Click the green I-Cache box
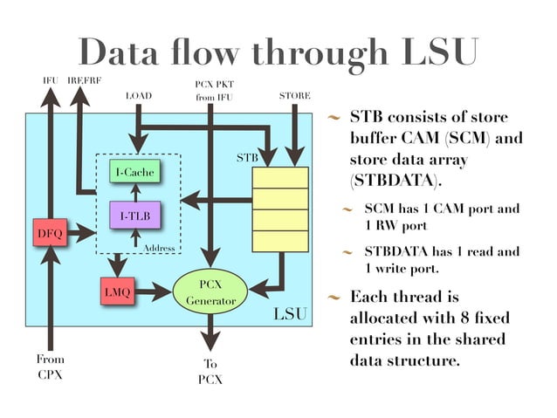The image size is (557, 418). pyautogui.click(x=134, y=173)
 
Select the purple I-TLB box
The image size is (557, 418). pyautogui.click(x=134, y=215)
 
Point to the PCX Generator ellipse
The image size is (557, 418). pyautogui.click(x=210, y=292)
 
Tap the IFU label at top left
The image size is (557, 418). pyautogui.click(x=51, y=80)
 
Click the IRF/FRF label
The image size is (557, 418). pyautogui.click(x=84, y=80)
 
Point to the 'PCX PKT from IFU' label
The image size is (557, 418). pyautogui.click(x=210, y=90)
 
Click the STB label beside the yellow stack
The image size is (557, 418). pyautogui.click(x=248, y=158)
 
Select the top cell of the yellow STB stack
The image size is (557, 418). pyautogui.click(x=279, y=177)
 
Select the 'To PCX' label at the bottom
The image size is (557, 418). pyautogui.click(x=210, y=372)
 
